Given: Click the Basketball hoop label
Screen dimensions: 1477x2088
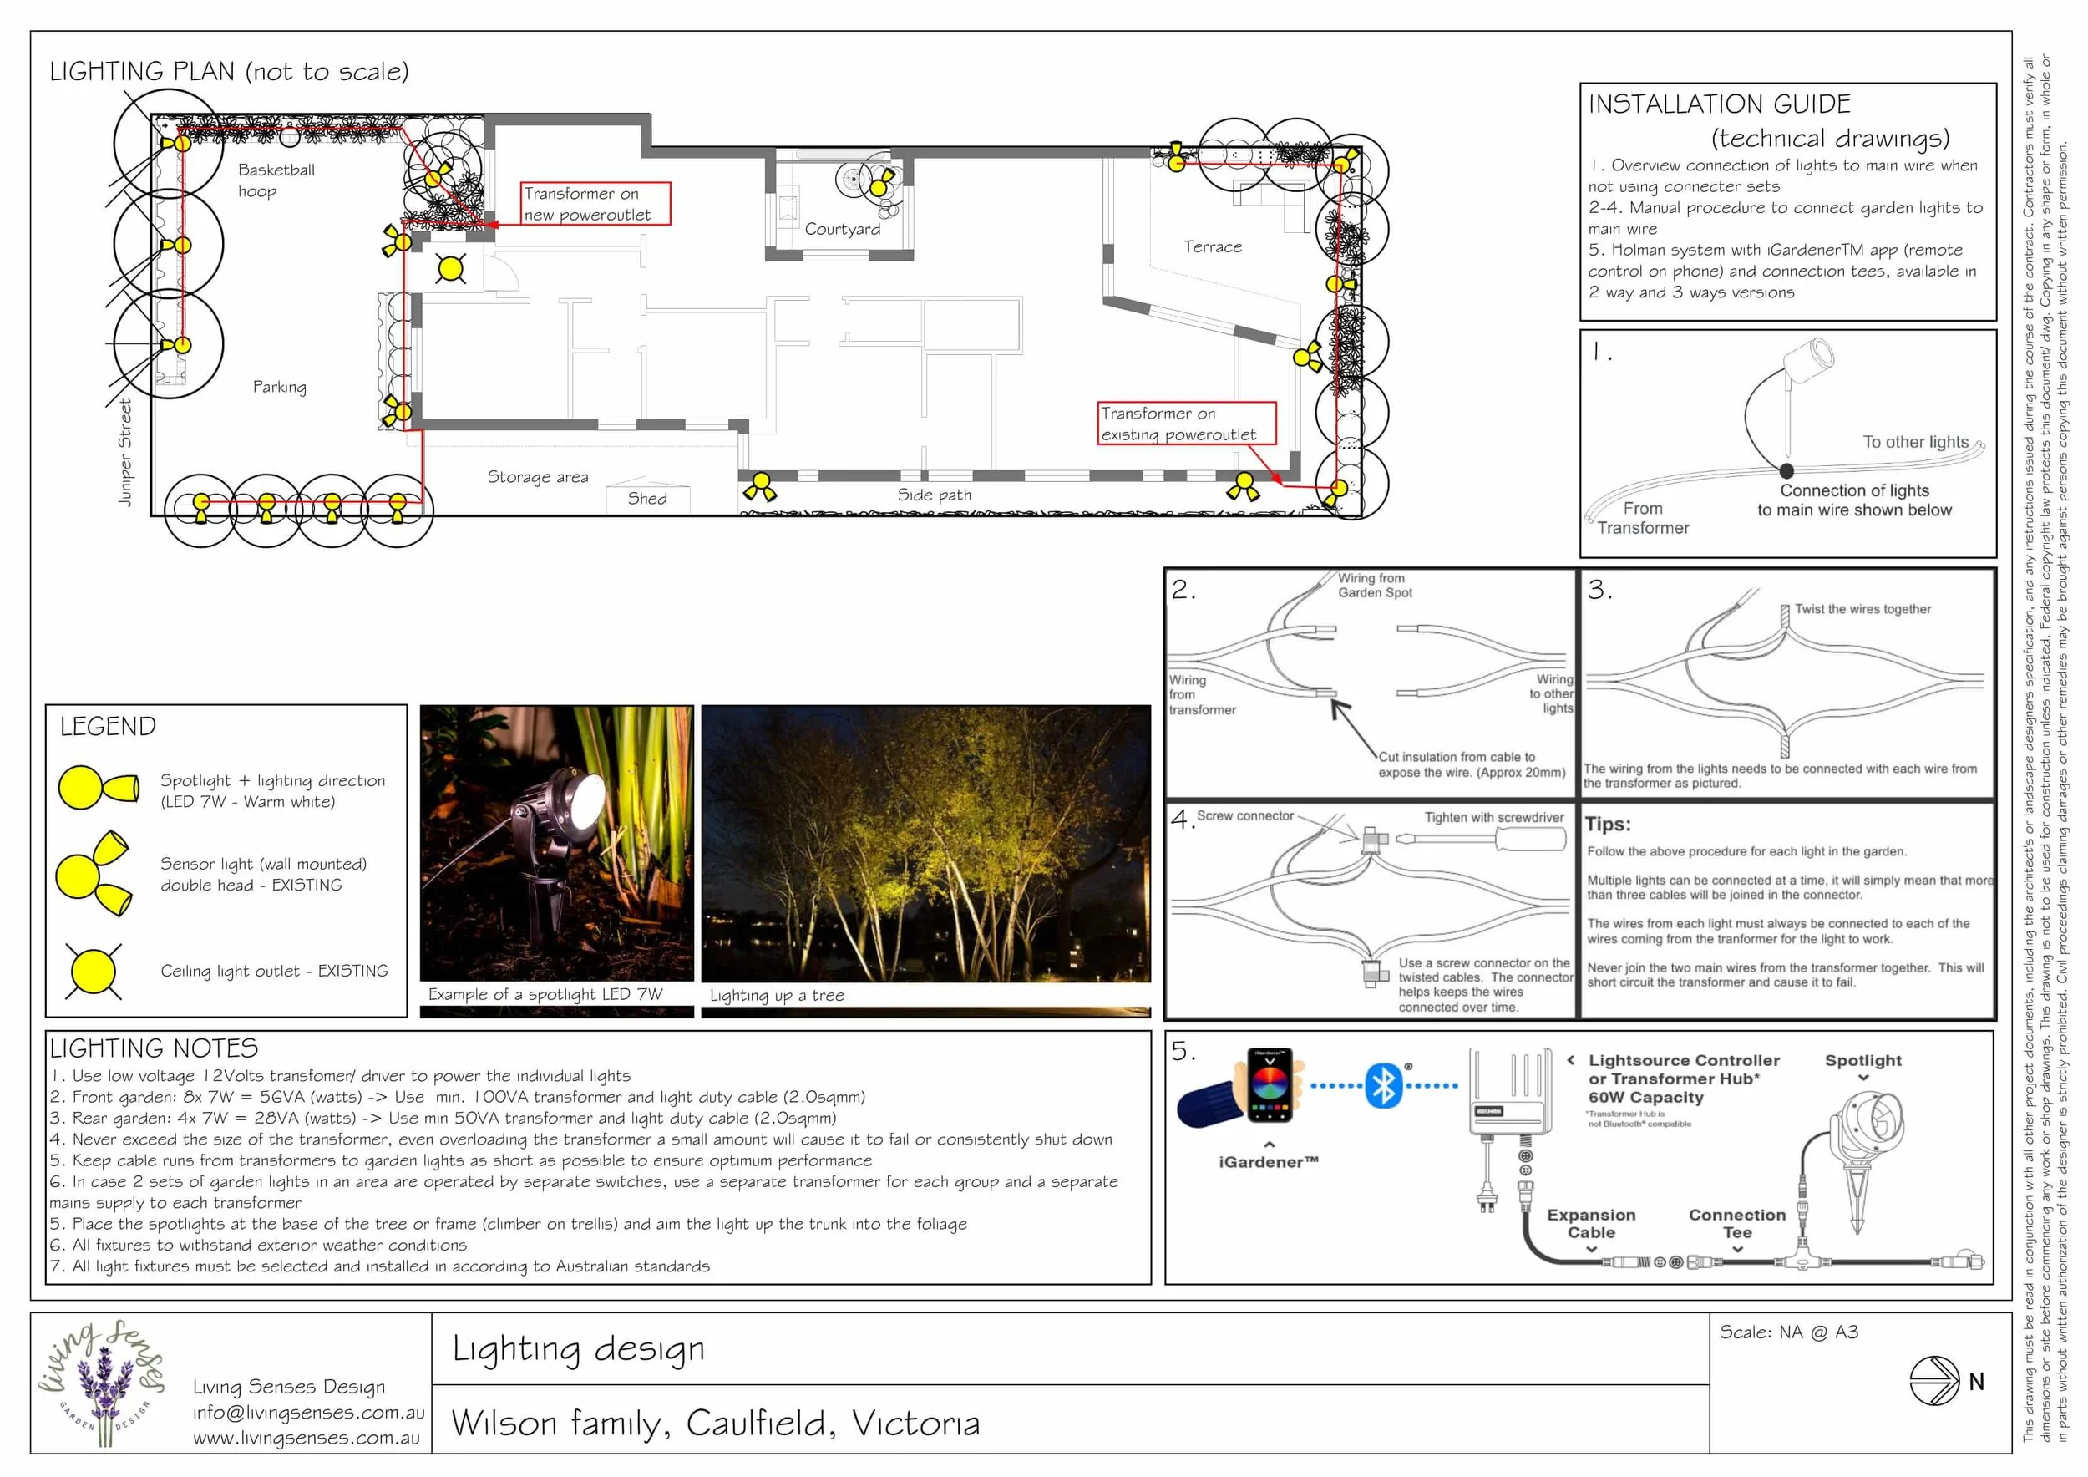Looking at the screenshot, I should point(276,180).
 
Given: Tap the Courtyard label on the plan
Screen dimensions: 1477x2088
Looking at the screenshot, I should point(842,229).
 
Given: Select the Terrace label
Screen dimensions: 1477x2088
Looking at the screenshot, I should point(1212,246).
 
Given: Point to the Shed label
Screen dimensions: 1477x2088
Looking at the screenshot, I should point(646,499).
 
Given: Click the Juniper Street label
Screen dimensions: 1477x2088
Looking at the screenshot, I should point(125,452).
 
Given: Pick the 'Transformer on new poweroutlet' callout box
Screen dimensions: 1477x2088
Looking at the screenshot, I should point(595,204).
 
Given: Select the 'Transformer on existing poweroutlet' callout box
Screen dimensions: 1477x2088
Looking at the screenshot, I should point(1186,424).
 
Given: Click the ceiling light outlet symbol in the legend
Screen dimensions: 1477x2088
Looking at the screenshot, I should point(93,971).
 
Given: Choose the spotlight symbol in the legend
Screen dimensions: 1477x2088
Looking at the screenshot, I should point(98,787).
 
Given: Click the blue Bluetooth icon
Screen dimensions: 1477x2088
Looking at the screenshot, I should point(1383,1085).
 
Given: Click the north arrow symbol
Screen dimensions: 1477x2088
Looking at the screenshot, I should point(1933,1382).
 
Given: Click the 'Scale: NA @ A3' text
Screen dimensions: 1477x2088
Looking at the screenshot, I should point(1788,1332).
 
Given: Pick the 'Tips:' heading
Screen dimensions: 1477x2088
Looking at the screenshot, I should point(1608,824).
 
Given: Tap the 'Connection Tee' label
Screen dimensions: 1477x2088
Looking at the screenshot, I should point(1736,1223).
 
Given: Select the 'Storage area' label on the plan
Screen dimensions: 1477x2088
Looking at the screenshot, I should point(538,476).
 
